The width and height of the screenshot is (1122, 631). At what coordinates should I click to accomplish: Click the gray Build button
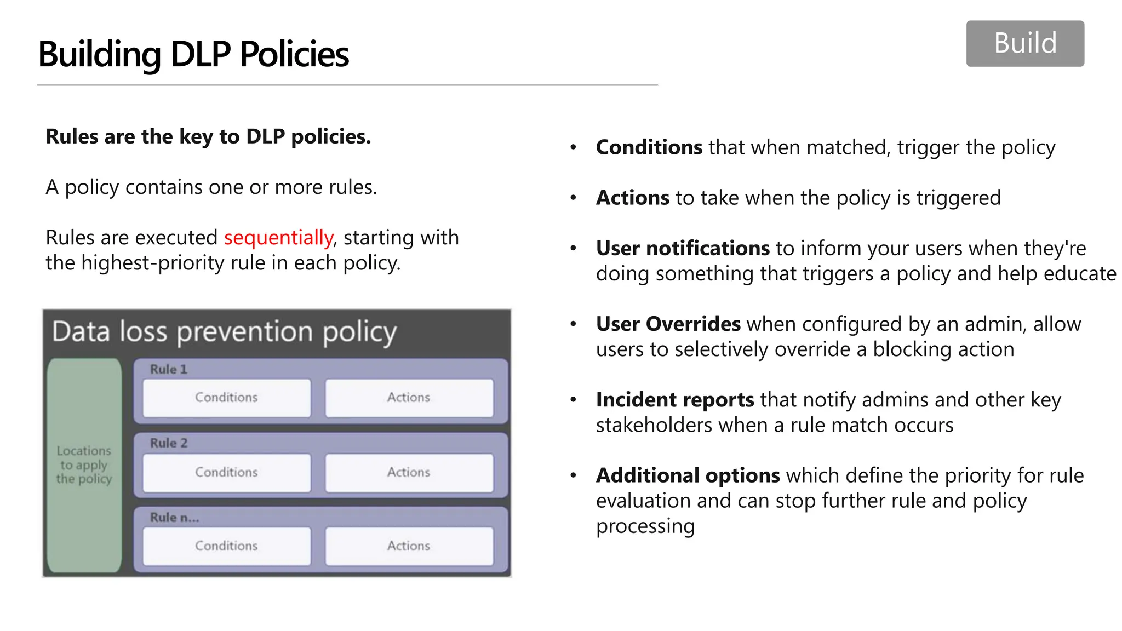(x=1024, y=44)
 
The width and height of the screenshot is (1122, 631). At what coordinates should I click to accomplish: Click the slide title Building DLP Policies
(x=193, y=54)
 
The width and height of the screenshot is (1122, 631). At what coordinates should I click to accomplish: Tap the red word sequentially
(x=278, y=238)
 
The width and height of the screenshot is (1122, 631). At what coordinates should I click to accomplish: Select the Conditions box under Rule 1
(x=226, y=398)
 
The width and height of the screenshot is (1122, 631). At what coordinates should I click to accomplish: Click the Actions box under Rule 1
(x=409, y=398)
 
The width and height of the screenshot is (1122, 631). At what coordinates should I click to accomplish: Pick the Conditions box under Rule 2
(x=226, y=472)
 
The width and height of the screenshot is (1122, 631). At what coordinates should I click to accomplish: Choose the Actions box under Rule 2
(x=409, y=472)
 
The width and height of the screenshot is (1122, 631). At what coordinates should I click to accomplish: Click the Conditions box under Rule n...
(x=226, y=546)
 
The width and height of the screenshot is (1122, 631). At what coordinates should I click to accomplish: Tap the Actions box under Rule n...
(x=409, y=546)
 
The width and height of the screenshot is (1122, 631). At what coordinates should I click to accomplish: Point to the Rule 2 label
(x=169, y=443)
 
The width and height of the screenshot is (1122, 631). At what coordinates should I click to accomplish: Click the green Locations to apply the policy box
(x=84, y=465)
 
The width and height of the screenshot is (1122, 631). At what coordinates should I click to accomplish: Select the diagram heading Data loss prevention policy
(x=224, y=332)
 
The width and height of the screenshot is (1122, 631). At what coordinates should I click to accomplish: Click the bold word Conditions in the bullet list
(x=649, y=147)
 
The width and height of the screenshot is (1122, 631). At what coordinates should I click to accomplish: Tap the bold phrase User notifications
(x=683, y=249)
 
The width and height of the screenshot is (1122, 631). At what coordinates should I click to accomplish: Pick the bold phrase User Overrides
(x=668, y=324)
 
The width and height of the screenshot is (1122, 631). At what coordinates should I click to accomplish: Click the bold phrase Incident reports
(x=674, y=400)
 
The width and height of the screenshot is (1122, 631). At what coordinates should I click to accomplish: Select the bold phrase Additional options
(x=688, y=475)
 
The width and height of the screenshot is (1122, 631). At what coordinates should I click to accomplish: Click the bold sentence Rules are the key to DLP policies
(x=208, y=136)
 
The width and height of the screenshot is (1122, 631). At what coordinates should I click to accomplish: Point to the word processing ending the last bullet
(x=645, y=526)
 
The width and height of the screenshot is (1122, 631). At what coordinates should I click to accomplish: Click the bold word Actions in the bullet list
(x=632, y=198)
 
